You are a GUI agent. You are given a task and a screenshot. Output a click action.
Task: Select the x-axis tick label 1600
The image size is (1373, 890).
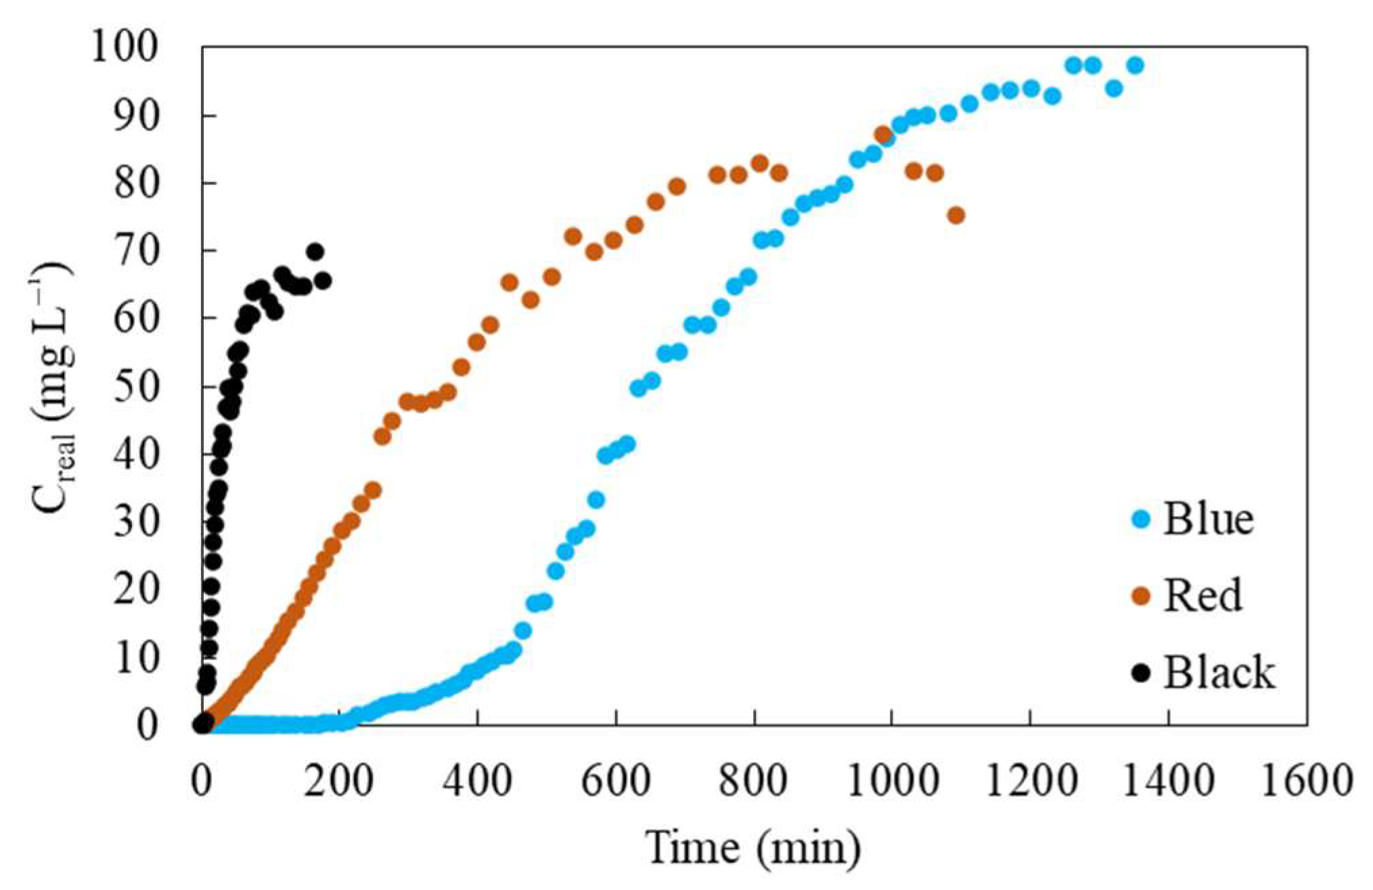point(1305,781)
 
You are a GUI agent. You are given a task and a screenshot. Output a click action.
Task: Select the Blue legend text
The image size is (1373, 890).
point(1208,519)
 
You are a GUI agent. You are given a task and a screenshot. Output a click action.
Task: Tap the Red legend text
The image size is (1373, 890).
point(1202,596)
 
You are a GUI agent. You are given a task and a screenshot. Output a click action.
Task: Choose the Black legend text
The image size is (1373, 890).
point(1219,673)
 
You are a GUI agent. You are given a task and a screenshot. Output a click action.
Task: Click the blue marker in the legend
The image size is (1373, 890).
point(1141,519)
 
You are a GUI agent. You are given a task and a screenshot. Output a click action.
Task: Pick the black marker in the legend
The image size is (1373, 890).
point(1141,673)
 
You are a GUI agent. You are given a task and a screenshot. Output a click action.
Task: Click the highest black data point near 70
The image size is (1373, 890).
point(315,252)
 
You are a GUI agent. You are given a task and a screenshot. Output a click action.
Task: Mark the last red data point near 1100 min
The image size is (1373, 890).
point(955,216)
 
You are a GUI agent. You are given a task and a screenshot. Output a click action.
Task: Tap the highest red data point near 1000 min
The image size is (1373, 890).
point(883,134)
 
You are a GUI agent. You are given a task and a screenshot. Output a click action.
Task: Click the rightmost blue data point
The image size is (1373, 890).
point(1135,66)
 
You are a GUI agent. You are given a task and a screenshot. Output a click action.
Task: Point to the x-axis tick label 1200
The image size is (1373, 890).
point(1029,781)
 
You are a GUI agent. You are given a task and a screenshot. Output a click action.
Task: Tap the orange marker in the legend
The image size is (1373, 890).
point(1141,596)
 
